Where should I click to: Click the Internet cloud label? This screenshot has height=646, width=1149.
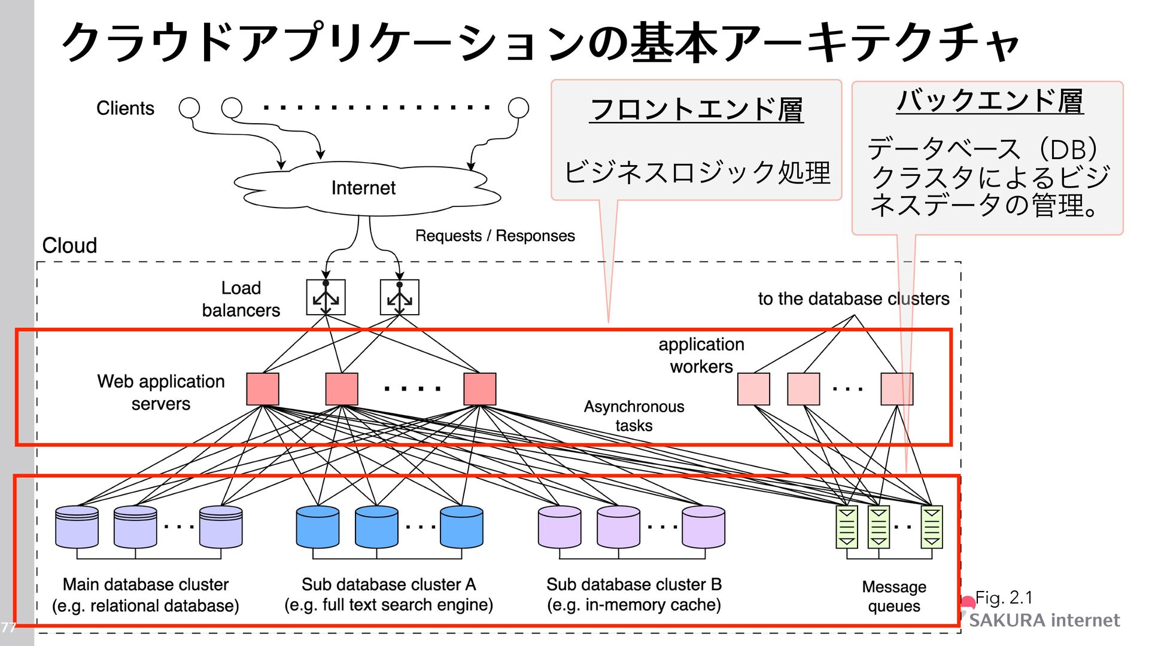click(363, 188)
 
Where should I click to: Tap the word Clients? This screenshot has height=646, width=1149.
click(125, 108)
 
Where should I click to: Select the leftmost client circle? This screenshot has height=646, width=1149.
click(189, 108)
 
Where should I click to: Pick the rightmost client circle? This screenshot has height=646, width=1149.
click(518, 108)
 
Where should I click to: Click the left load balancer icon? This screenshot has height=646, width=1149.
click(326, 297)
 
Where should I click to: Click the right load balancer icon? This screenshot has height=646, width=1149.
click(399, 297)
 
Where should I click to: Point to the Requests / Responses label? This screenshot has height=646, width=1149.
click(495, 236)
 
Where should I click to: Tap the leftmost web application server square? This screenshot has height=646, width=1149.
click(263, 389)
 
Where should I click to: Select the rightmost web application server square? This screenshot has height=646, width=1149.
click(479, 389)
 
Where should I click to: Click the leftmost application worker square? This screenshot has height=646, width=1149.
click(753, 389)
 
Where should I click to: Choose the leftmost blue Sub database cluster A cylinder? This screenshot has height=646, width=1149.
click(318, 527)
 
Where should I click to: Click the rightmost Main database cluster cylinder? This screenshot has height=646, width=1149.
click(221, 527)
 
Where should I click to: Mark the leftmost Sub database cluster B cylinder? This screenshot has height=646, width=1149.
click(560, 527)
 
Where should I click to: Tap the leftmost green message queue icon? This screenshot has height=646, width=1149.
click(847, 527)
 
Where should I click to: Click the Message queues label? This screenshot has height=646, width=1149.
click(894, 596)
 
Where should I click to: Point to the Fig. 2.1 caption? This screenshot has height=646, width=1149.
click(1004, 598)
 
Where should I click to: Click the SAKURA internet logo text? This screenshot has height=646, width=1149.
click(1044, 620)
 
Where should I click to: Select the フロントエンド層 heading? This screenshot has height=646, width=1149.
click(696, 110)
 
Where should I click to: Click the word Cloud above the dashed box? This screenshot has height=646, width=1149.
click(69, 245)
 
